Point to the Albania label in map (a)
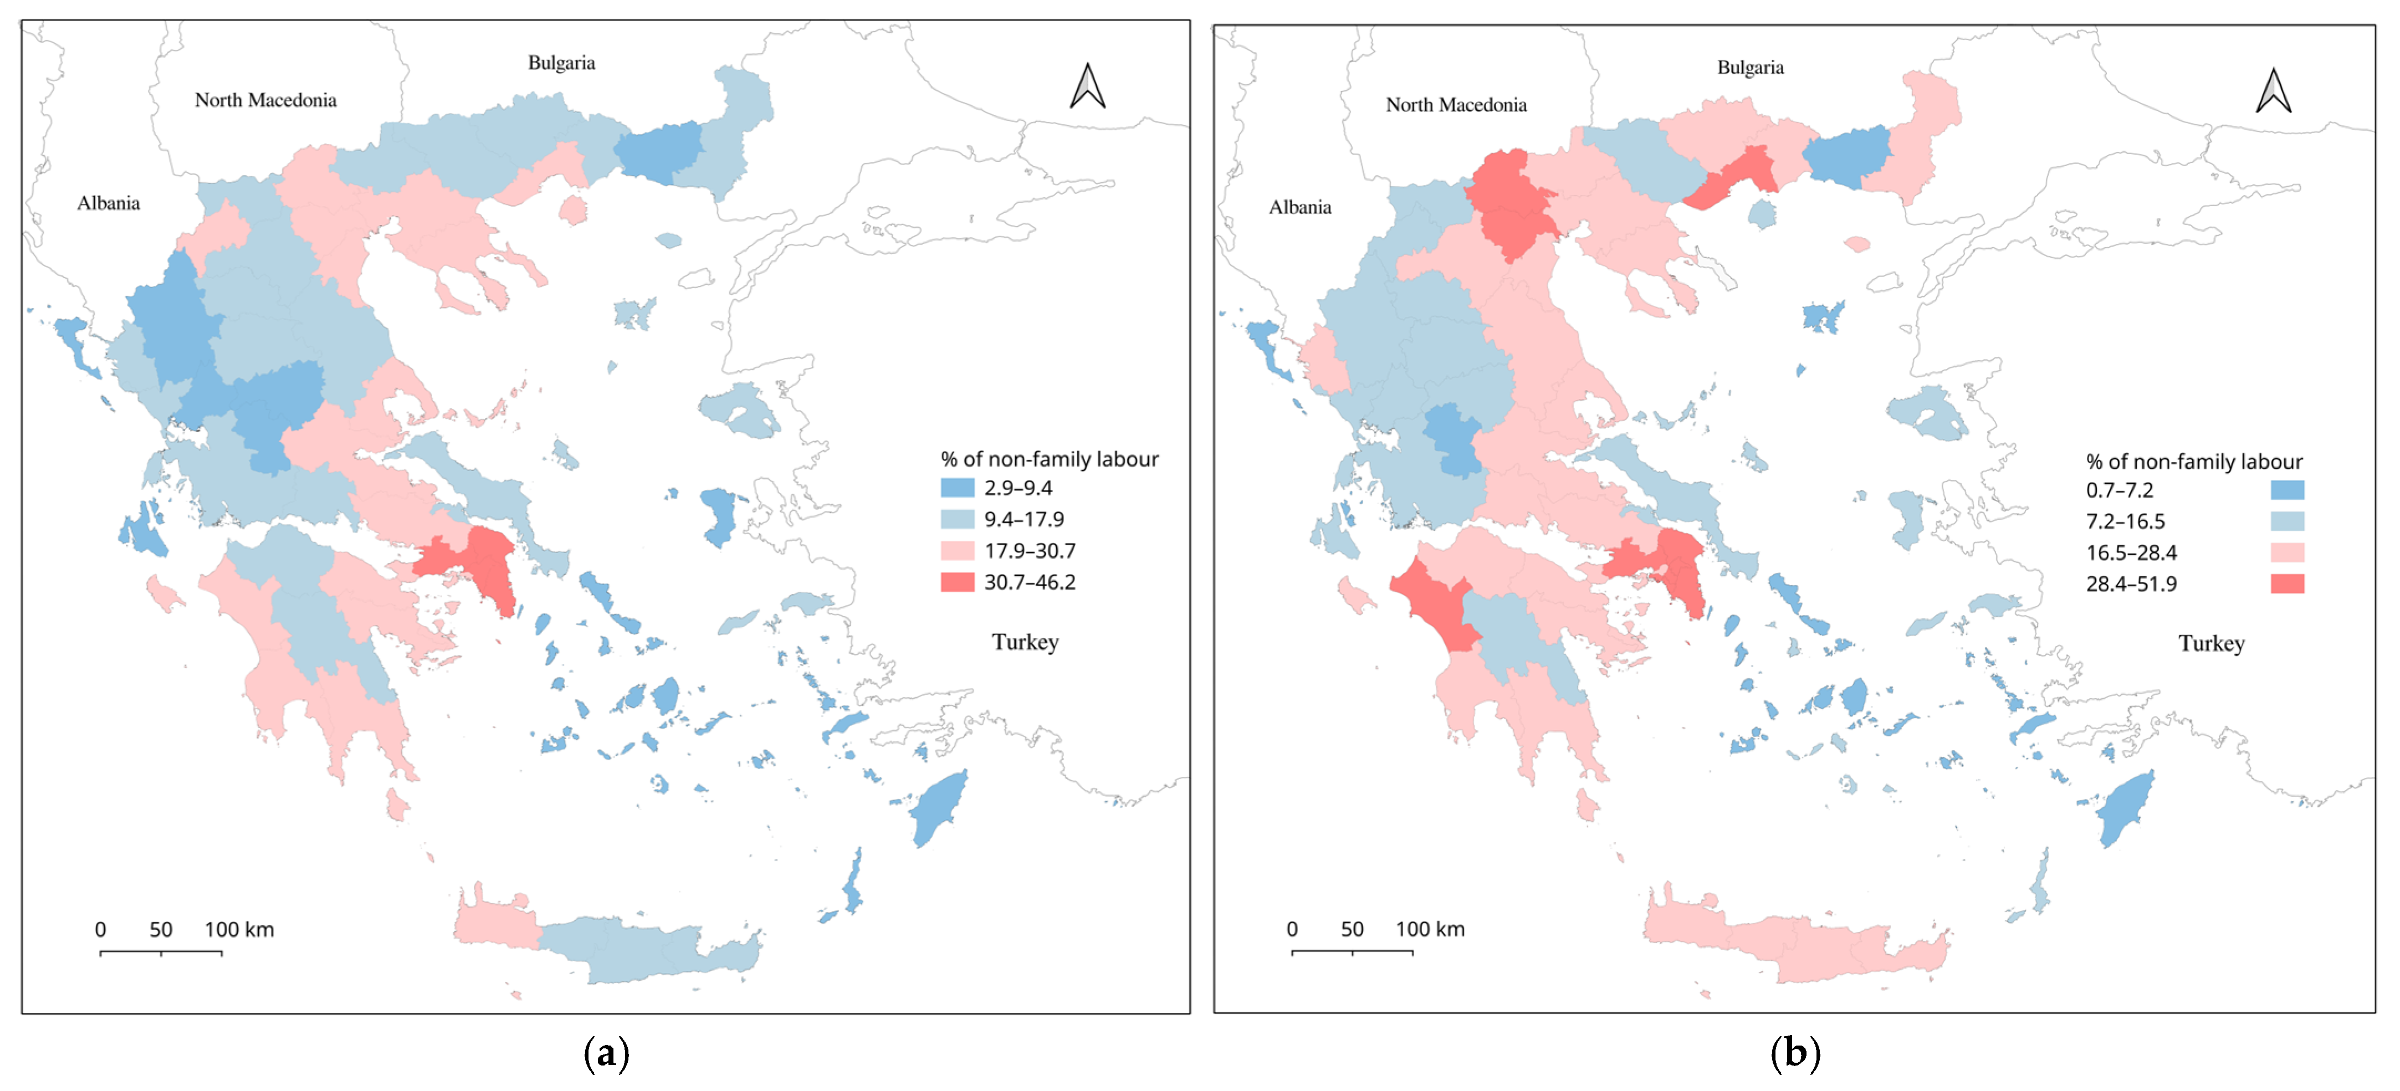(x=108, y=203)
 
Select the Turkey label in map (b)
(x=2211, y=643)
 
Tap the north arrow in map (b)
(x=2273, y=91)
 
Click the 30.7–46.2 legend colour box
(x=957, y=582)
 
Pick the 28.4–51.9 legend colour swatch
(x=2288, y=584)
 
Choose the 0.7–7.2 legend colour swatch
(x=2288, y=490)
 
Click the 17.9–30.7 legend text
(x=1030, y=551)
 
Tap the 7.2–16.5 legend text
(x=2125, y=522)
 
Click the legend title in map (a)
(x=1049, y=459)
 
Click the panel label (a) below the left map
(x=606, y=1054)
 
